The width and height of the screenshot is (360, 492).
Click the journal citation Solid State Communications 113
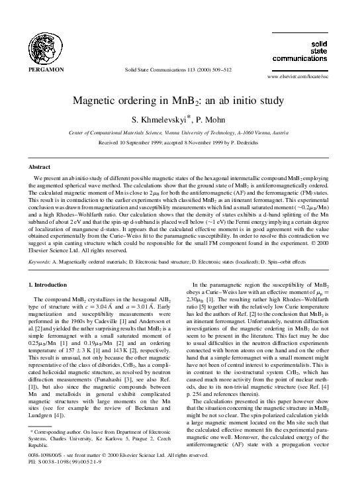(178, 70)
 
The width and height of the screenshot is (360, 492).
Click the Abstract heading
(40, 168)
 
